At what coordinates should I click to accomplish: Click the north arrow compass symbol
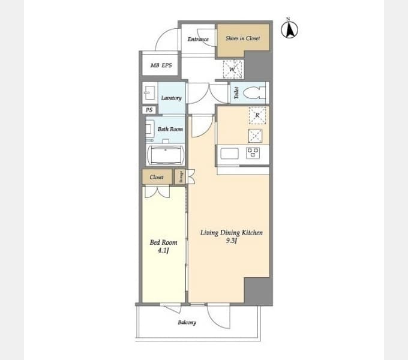pyautogui.click(x=289, y=29)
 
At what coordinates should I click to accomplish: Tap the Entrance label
pyautogui.click(x=198, y=39)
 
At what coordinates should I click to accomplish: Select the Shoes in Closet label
pyautogui.click(x=243, y=38)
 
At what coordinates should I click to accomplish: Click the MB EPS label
pyautogui.click(x=161, y=65)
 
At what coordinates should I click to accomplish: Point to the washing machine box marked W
pyautogui.click(x=232, y=69)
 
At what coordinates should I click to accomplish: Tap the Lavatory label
pyautogui.click(x=171, y=98)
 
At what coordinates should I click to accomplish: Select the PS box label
pyautogui.click(x=149, y=110)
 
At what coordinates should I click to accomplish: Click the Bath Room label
pyautogui.click(x=170, y=129)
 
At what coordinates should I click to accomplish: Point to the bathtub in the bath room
pyautogui.click(x=165, y=155)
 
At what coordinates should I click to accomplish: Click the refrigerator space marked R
pyautogui.click(x=257, y=115)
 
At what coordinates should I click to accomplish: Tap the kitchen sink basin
pyautogui.click(x=229, y=154)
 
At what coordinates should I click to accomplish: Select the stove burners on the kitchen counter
pyautogui.click(x=253, y=152)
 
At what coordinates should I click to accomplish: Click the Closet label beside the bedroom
pyautogui.click(x=157, y=177)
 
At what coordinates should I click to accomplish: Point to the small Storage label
pyautogui.click(x=181, y=177)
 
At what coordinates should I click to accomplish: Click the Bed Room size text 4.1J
pyautogui.click(x=163, y=250)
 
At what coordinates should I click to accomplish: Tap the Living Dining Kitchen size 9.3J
pyautogui.click(x=231, y=241)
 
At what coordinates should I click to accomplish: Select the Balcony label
pyautogui.click(x=187, y=323)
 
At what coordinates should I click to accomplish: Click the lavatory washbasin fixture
pyautogui.click(x=149, y=93)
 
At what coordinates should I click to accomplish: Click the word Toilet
pyautogui.click(x=236, y=93)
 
